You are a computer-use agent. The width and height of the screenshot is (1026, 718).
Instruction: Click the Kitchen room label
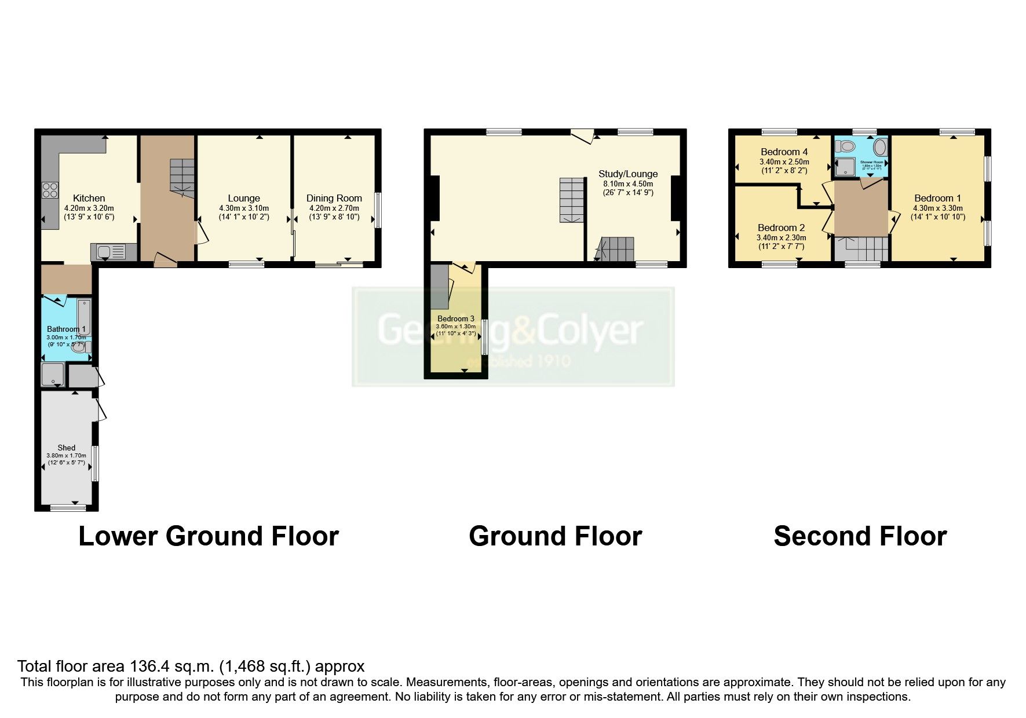pyautogui.click(x=89, y=198)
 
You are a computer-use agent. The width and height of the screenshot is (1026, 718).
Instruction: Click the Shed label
pyautogui.click(x=66, y=448)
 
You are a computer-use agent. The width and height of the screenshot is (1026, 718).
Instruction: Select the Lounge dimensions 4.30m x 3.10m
pyautogui.click(x=244, y=208)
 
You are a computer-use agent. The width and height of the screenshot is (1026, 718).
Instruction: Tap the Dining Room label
pyautogui.click(x=334, y=198)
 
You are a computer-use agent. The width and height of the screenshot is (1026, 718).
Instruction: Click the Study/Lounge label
pyautogui.click(x=628, y=174)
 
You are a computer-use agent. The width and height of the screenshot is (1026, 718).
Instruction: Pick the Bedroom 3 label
pyautogui.click(x=455, y=318)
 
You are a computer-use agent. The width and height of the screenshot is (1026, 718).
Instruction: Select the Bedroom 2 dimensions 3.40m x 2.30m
pyautogui.click(x=781, y=237)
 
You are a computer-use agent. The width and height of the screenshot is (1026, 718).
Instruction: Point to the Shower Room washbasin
pyautogui.click(x=879, y=145)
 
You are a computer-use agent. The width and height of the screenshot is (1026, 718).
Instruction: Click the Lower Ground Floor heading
pyautogui.click(x=208, y=536)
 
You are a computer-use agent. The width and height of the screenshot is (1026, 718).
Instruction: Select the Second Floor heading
pyautogui.click(x=860, y=536)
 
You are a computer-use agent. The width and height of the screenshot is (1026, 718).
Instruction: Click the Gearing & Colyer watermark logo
pyautogui.click(x=513, y=336)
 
